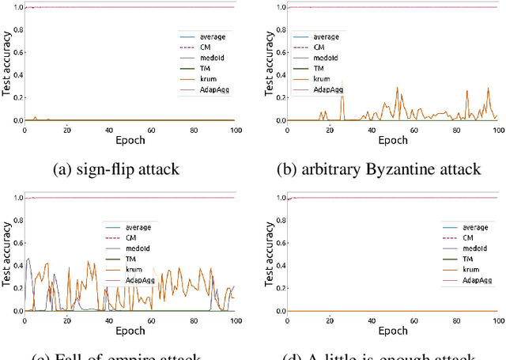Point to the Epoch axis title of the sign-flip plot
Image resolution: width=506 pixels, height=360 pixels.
pyautogui.click(x=130, y=140)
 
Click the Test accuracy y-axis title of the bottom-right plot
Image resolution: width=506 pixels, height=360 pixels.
pyautogui.click(x=271, y=255)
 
